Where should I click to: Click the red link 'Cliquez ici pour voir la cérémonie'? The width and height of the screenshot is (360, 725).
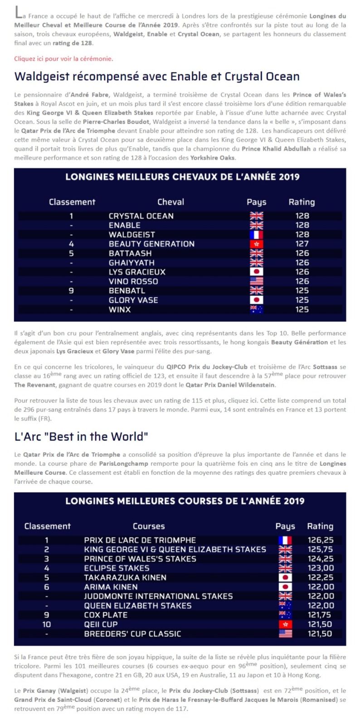pyautogui.click(x=63, y=58)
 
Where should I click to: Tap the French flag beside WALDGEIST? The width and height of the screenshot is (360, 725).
pyautogui.click(x=256, y=235)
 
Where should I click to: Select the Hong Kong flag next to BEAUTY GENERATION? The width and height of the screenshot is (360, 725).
pyautogui.click(x=256, y=244)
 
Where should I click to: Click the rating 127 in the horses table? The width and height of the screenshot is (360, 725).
pyautogui.click(x=302, y=244)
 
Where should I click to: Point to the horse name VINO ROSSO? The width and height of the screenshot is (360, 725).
pyautogui.click(x=133, y=281)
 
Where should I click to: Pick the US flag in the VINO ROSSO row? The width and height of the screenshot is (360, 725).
pyautogui.click(x=256, y=281)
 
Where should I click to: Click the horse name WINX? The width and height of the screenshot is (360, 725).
pyautogui.click(x=120, y=309)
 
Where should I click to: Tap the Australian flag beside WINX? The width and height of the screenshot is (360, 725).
pyautogui.click(x=256, y=309)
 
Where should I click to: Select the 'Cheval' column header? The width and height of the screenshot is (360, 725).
pyautogui.click(x=170, y=202)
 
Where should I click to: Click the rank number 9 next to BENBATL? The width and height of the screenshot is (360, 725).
pyautogui.click(x=71, y=290)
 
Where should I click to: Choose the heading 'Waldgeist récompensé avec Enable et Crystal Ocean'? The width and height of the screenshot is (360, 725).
pyautogui.click(x=157, y=76)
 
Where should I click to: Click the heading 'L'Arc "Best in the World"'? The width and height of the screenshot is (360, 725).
pyautogui.click(x=81, y=436)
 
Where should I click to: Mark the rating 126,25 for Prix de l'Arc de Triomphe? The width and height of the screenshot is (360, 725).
pyautogui.click(x=321, y=540)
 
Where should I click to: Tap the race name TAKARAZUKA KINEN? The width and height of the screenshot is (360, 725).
pyautogui.click(x=125, y=578)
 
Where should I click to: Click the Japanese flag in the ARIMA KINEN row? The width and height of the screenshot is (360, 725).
pyautogui.click(x=285, y=587)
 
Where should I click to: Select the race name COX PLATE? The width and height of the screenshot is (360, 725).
pyautogui.click(x=106, y=615)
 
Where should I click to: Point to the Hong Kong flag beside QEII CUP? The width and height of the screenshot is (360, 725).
pyautogui.click(x=285, y=624)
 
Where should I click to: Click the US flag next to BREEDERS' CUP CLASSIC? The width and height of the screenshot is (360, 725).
pyautogui.click(x=285, y=634)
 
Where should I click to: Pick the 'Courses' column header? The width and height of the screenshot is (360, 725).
pyautogui.click(x=149, y=526)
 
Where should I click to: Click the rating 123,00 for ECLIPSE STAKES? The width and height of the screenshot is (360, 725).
pyautogui.click(x=321, y=568)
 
